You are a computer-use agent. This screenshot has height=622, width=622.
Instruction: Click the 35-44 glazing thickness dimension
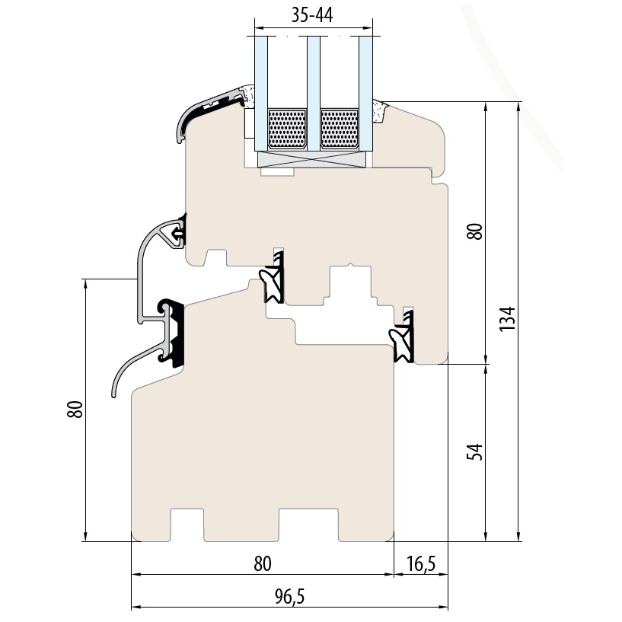pos(312,15)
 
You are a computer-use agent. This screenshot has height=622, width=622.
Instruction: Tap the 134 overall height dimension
pos(507,319)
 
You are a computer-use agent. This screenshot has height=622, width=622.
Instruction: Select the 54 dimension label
pos(474,451)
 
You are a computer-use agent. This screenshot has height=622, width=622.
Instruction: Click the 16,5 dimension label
pos(421,563)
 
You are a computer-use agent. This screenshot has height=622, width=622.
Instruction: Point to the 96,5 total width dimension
pos(289,596)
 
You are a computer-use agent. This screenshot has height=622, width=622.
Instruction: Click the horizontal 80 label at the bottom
pos(262,563)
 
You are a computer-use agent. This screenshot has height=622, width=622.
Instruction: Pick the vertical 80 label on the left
pos(75,410)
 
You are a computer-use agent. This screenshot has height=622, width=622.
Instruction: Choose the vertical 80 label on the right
pos(474,231)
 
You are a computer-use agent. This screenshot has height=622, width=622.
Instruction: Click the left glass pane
pos(261,94)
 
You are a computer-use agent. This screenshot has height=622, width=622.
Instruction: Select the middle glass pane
pos(314,94)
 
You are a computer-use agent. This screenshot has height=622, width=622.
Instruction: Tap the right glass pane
pos(365,94)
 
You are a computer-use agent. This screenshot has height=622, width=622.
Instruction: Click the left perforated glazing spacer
pos(287,129)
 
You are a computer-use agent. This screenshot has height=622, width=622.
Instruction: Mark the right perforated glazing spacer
pos(339,129)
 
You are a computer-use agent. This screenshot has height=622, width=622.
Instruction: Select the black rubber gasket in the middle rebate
pos(272,278)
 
